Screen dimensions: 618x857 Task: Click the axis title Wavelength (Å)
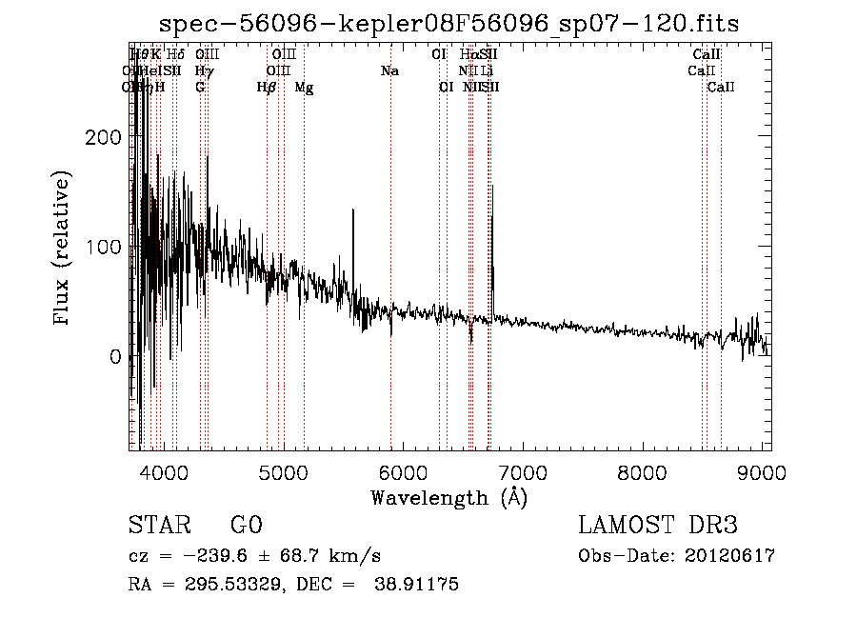tap(448, 497)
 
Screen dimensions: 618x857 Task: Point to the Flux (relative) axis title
tap(64, 249)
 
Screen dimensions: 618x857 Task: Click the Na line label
tap(389, 71)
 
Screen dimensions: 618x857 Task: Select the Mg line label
tap(304, 88)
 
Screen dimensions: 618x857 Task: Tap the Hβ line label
tap(267, 88)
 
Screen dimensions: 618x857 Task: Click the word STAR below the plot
tap(158, 527)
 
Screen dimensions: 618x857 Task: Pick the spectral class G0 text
tap(246, 527)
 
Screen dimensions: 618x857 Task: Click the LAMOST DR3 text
tap(658, 527)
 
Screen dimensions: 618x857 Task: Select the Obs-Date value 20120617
tap(728, 556)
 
